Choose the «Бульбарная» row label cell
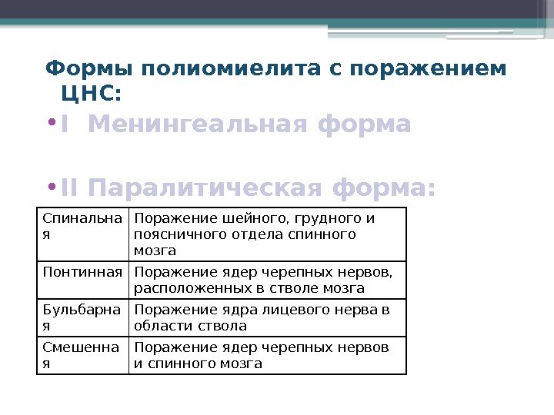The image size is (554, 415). [82, 317]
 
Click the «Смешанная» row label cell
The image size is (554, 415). [82, 355]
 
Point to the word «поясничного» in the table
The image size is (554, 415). [173, 234]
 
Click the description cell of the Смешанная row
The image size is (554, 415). [267, 355]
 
